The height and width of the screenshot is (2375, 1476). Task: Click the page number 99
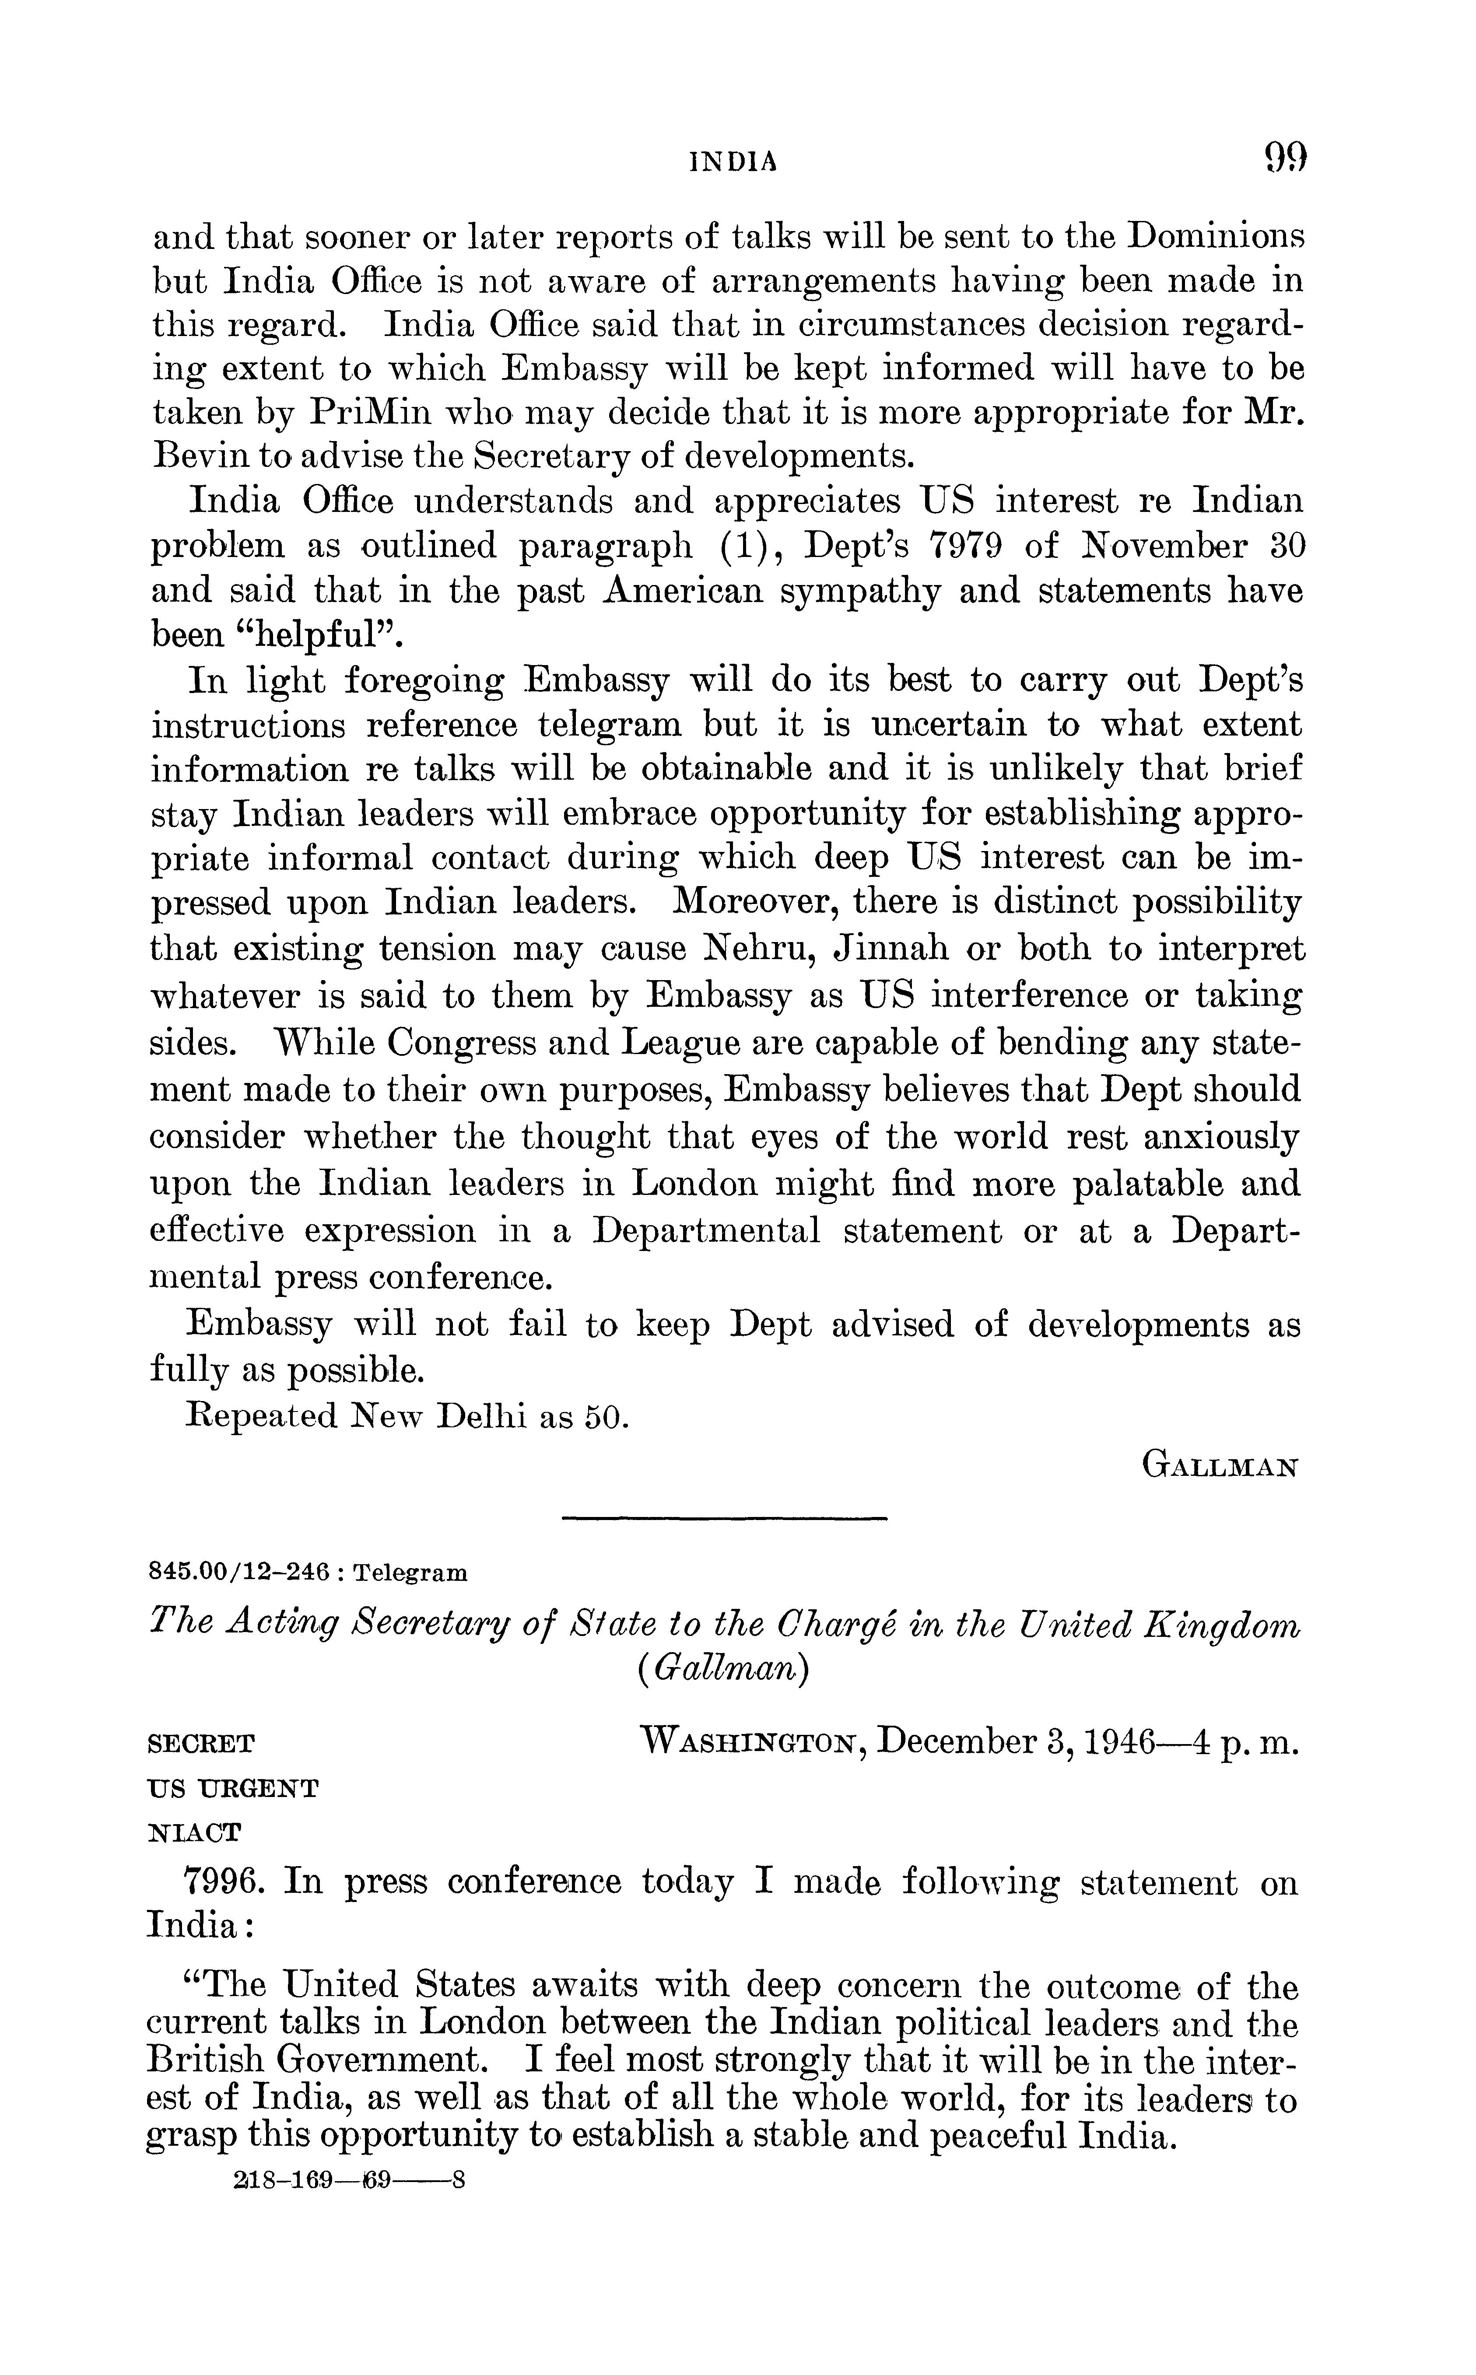[1285, 157]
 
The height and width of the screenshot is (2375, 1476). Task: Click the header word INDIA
[734, 162]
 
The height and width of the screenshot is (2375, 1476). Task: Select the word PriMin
[371, 414]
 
